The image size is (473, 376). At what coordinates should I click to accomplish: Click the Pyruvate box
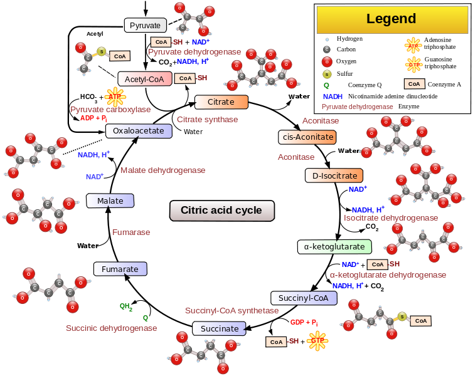(x=146, y=26)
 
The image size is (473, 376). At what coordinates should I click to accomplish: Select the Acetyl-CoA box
(x=144, y=79)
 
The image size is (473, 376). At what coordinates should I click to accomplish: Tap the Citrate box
(x=221, y=102)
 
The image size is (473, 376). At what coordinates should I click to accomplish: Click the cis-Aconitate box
(x=306, y=137)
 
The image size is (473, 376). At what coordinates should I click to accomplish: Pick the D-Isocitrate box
(x=334, y=175)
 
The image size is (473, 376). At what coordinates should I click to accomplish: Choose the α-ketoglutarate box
(x=334, y=247)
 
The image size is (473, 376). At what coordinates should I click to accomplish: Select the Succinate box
(x=220, y=328)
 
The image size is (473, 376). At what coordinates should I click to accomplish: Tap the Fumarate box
(x=120, y=269)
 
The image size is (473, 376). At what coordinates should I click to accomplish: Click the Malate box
(x=110, y=201)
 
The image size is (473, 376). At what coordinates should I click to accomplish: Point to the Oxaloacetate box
(x=139, y=130)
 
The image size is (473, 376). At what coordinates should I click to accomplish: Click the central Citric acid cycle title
(x=222, y=211)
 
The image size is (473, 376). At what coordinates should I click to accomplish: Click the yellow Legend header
(x=391, y=19)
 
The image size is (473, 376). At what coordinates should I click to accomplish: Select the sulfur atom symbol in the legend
(x=326, y=74)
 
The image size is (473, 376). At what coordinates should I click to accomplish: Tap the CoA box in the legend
(x=413, y=84)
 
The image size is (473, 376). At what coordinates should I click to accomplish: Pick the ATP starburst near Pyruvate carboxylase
(x=115, y=97)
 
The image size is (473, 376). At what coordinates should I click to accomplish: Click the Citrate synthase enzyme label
(x=208, y=119)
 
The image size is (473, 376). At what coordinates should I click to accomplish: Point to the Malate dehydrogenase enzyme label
(x=163, y=170)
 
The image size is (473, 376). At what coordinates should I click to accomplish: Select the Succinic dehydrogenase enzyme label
(x=112, y=328)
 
